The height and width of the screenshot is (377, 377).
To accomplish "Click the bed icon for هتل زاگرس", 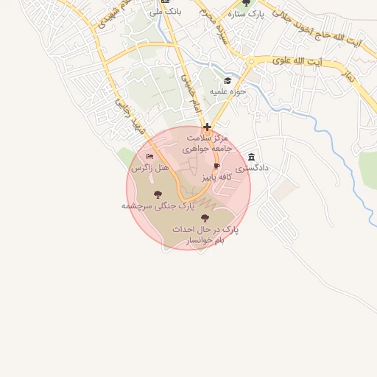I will (x=150, y=157).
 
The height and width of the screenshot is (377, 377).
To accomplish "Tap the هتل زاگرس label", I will (x=150, y=169).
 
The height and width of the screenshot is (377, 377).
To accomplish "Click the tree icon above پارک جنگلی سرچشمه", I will (x=158, y=194).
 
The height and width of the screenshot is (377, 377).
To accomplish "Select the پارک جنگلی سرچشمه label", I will (x=152, y=207).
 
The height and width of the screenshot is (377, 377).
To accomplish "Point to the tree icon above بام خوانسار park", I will (x=205, y=218).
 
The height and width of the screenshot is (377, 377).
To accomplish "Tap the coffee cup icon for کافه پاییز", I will (x=216, y=166).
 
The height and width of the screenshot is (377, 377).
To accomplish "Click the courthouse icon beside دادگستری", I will (x=253, y=157).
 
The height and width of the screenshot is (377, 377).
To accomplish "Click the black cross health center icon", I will (x=208, y=127).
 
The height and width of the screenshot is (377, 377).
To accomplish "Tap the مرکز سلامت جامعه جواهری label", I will (x=208, y=143).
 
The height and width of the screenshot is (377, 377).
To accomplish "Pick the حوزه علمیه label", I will (x=228, y=92).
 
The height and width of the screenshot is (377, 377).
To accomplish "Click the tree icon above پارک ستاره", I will (x=246, y=3).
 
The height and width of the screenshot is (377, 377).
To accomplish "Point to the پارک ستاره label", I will (x=246, y=14).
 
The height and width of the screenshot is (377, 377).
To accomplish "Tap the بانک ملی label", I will (x=165, y=13).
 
